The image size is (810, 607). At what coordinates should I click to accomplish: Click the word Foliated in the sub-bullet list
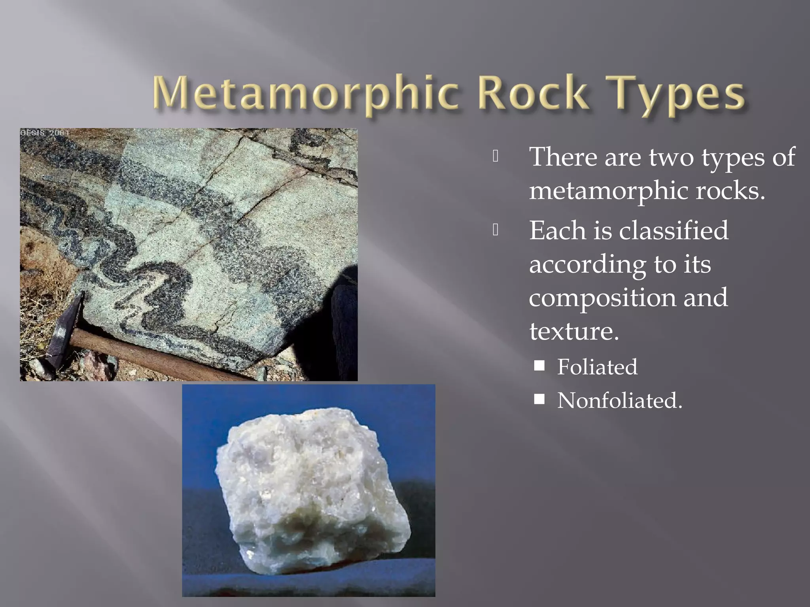click(597, 367)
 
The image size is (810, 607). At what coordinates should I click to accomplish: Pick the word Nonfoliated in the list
click(619, 400)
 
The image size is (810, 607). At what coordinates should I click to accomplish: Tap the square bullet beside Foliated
click(539, 365)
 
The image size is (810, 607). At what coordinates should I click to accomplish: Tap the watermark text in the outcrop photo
click(45, 133)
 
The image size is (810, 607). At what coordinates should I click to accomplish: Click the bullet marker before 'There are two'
click(496, 157)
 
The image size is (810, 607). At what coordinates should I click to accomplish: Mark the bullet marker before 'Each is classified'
click(496, 230)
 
